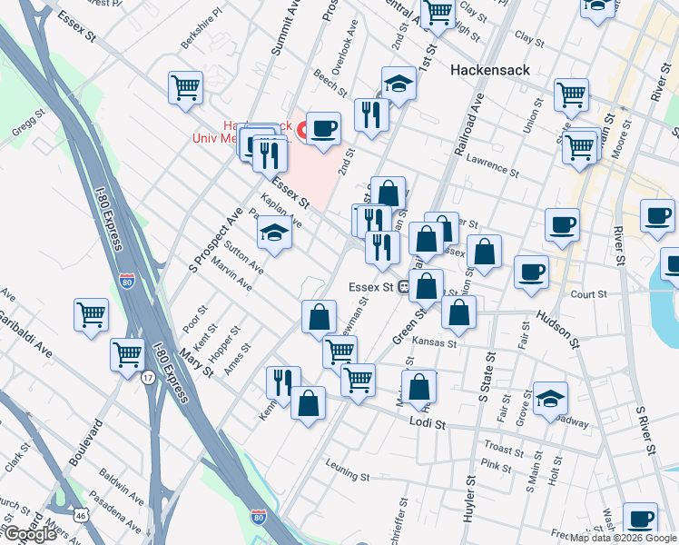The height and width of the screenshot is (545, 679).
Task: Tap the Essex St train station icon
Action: (402, 287)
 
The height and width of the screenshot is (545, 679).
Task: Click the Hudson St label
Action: (556, 328)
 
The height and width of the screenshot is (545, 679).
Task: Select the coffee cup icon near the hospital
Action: (322, 128)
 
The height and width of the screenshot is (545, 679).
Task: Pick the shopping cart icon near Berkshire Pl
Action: (185, 88)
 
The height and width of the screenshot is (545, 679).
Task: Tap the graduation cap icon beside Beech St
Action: (398, 84)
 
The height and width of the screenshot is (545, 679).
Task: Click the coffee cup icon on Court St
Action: (530, 271)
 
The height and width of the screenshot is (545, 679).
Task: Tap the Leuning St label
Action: (348, 475)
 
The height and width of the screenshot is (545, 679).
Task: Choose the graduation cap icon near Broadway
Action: (550, 398)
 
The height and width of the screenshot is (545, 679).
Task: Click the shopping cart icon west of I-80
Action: (91, 315)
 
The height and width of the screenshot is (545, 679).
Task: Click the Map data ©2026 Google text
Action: (614, 538)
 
